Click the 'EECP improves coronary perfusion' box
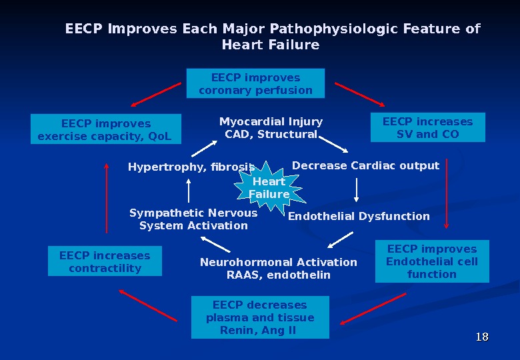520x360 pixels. (x=255, y=84)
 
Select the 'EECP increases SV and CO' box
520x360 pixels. (x=427, y=128)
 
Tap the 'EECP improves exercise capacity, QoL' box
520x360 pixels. (x=106, y=130)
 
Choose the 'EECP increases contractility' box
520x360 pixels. (x=105, y=261)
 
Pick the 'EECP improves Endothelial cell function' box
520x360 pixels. (x=431, y=261)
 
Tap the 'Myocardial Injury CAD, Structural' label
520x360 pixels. (x=271, y=128)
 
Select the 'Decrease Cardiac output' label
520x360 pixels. (x=365, y=165)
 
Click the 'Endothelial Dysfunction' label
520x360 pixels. (x=359, y=216)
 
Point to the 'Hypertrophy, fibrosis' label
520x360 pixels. (x=191, y=167)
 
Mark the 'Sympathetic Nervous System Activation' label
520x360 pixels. (x=193, y=219)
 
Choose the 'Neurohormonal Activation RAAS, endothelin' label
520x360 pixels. (x=279, y=269)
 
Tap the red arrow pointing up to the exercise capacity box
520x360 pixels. (x=106, y=200)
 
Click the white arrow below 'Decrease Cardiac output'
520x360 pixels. (x=357, y=189)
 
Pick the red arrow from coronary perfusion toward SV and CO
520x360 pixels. (x=359, y=94)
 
